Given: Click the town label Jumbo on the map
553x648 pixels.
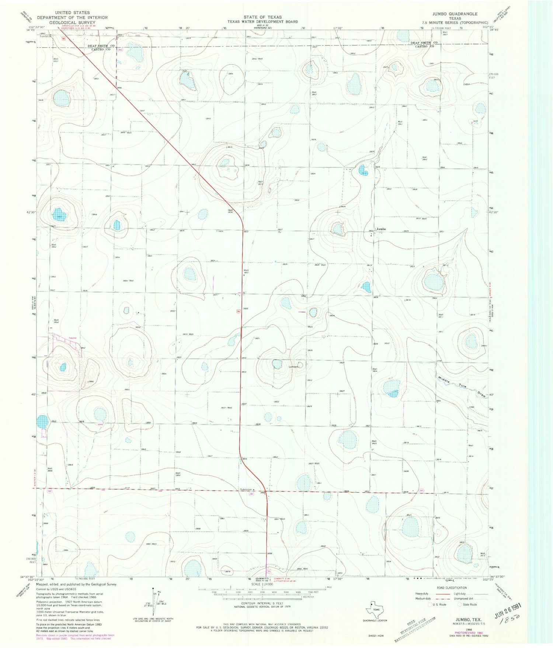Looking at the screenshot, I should [x=381, y=229].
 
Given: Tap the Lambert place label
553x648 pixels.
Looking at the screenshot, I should [x=293, y=367].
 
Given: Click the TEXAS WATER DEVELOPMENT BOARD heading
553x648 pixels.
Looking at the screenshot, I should [x=262, y=22].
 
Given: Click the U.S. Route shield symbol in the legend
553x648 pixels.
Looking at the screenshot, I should [x=430, y=604].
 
